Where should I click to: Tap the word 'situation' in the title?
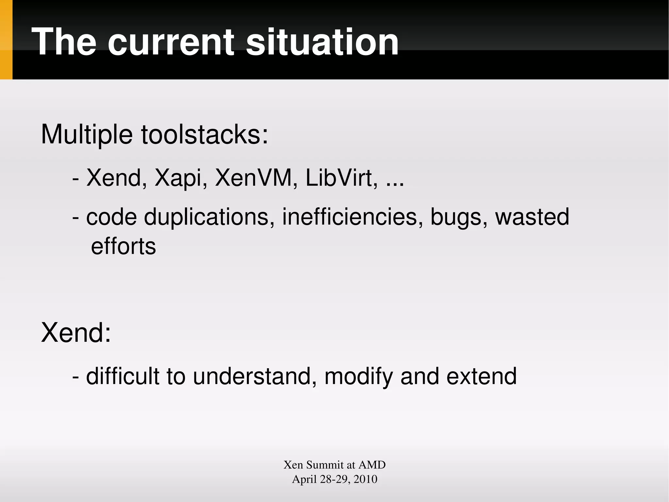322,43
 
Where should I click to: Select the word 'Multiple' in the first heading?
87,135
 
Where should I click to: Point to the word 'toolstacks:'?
204,135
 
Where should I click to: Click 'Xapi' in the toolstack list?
181,179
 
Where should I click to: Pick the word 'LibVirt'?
342,178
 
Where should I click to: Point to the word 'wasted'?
532,217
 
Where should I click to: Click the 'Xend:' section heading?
76,333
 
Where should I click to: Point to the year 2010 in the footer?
365,479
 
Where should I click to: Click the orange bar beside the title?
6,40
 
